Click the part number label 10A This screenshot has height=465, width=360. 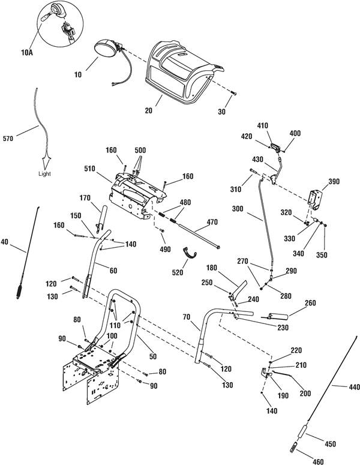pos(26,53)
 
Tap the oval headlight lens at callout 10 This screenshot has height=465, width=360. pos(105,48)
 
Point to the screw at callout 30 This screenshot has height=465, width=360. pos(233,94)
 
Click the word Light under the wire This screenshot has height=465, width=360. pos(44,174)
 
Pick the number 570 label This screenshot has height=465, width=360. pos(8,139)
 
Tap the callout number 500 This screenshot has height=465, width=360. pos(140,150)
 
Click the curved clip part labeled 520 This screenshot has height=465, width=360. pos(189,254)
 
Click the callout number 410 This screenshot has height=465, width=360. pos(262,126)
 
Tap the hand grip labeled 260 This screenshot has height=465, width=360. pos(278,316)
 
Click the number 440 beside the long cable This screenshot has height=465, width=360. pos(354,387)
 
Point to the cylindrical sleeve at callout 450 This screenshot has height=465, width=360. pos(302,431)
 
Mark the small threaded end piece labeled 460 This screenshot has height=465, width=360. pos(294,447)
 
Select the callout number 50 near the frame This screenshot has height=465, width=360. pos(153,356)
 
